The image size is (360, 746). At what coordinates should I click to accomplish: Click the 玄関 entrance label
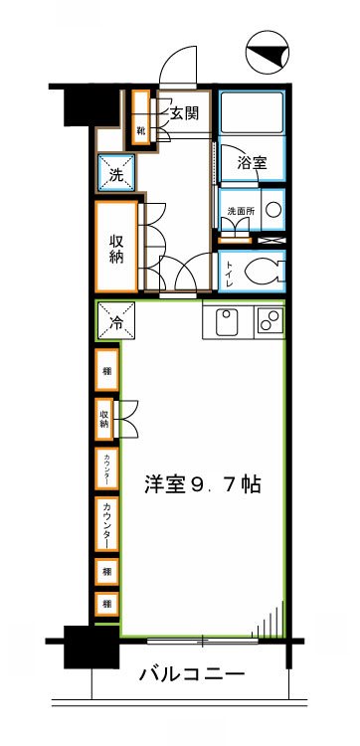[x=184, y=113]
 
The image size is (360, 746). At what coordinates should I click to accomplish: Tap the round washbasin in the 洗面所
[x=274, y=210]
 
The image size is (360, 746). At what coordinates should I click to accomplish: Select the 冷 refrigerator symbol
[x=115, y=321]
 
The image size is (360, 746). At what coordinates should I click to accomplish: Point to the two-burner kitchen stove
[x=270, y=320]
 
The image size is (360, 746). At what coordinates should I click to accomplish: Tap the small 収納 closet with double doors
[x=106, y=417]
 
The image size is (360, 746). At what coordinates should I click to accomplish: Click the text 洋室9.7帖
[x=203, y=486]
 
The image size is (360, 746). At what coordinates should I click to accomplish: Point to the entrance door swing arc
[x=180, y=68]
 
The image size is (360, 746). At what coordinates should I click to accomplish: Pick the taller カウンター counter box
[x=106, y=522]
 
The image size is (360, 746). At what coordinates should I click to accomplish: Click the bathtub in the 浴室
[x=253, y=114]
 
